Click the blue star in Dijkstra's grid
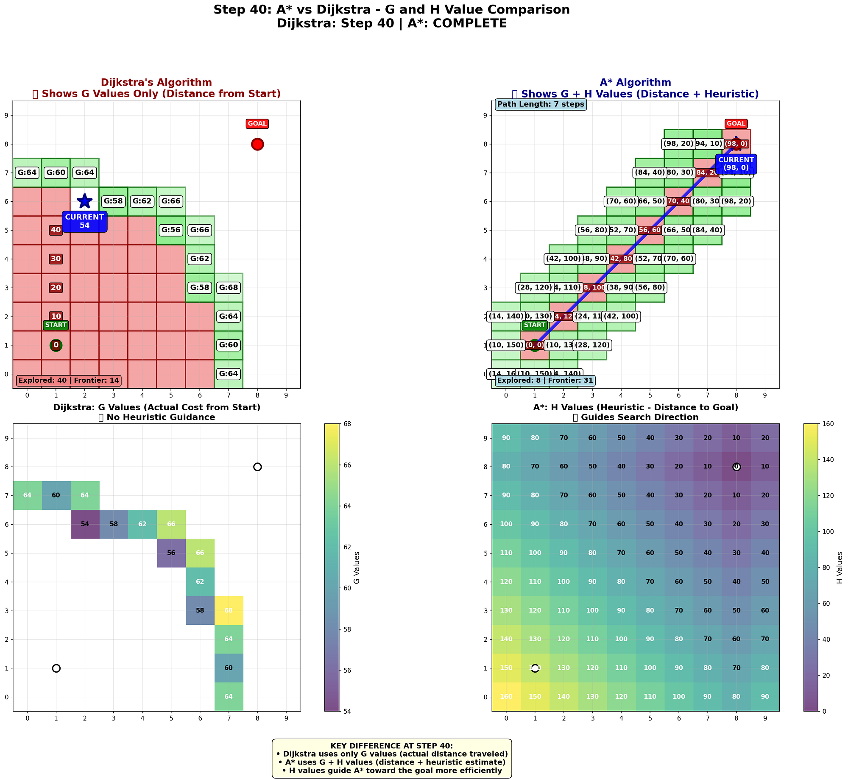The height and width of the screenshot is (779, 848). tap(85, 201)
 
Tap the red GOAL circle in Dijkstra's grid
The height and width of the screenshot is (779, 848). tap(257, 144)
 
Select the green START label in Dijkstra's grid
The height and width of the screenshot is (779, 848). tap(56, 325)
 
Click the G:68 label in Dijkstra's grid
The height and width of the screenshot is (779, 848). tap(229, 288)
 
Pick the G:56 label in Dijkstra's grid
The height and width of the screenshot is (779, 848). tap(171, 230)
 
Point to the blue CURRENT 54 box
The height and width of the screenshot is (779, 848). tap(85, 221)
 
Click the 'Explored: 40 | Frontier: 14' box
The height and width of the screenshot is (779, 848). tap(69, 381)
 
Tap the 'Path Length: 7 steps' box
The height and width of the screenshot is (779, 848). tap(541, 104)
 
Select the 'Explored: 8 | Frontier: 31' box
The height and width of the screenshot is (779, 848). tap(545, 381)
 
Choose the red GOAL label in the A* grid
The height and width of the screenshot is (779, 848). tap(736, 124)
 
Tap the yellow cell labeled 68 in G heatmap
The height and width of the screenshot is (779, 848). tap(229, 611)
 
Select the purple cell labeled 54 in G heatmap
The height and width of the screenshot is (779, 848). tap(85, 524)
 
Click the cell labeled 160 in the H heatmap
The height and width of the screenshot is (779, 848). tap(506, 697)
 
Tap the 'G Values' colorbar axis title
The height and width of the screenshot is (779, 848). tap(357, 567)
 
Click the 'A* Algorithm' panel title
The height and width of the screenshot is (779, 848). tap(635, 83)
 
